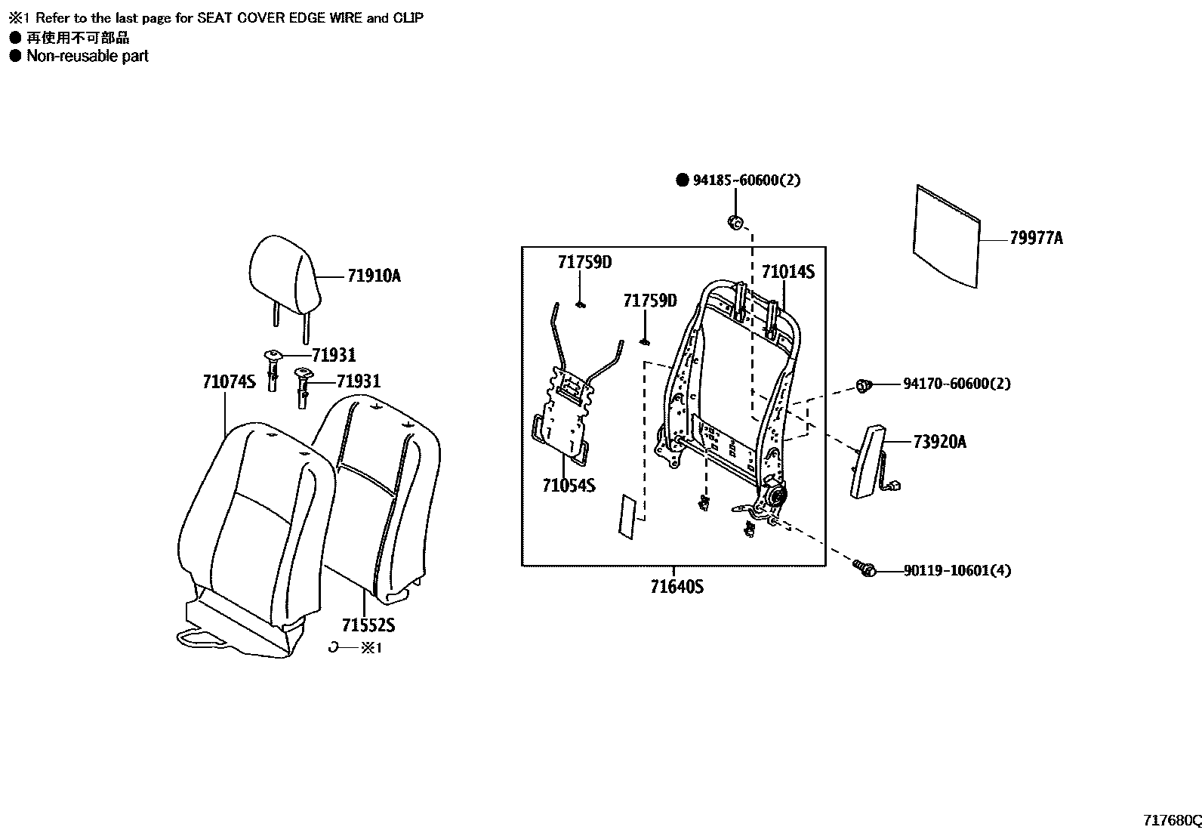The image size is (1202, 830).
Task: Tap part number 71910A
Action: pos(374,276)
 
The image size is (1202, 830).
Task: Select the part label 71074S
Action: pos(229,382)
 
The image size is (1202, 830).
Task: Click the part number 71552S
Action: pos(368,625)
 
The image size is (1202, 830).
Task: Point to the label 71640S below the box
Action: pos(677,586)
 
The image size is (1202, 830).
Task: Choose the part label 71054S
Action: pos(569,486)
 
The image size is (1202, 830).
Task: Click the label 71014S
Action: pos(787,273)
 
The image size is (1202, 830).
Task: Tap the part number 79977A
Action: pos(1036,239)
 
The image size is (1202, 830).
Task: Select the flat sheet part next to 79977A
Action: pos(945,236)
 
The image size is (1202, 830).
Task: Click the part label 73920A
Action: pos(939,443)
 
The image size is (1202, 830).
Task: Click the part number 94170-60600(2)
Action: pos(957,384)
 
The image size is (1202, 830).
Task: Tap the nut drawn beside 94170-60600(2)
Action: pos(865,387)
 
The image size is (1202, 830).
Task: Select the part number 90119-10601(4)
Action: pos(957,571)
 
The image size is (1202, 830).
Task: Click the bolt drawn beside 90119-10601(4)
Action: pos(864,569)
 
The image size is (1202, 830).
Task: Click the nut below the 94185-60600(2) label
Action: pos(735,222)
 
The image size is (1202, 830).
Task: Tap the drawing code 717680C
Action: pos(1172,820)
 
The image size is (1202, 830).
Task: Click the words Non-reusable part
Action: pos(88,56)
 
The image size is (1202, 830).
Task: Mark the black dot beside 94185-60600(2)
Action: pos(682,181)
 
